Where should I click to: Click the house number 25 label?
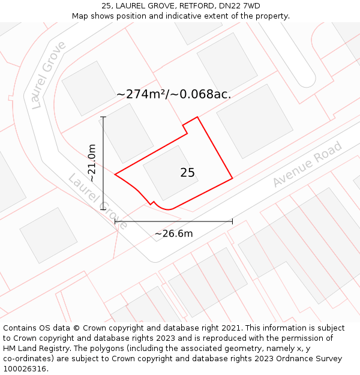point(187,173)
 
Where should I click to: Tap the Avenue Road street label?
point(307,164)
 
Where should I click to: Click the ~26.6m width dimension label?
point(173,233)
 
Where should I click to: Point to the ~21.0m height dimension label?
point(91,163)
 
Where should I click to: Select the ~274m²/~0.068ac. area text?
point(173,94)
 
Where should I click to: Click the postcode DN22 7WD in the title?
point(240,6)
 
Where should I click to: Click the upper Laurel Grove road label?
point(49,75)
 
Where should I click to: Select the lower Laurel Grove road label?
point(97,202)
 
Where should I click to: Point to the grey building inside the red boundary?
point(170,173)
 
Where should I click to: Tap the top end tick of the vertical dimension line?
point(103,117)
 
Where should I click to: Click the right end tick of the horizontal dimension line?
point(232,221)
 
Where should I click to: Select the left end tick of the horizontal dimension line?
point(115,221)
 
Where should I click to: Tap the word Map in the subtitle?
point(80,16)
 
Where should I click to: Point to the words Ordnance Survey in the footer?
point(313,359)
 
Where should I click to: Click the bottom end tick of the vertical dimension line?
point(103,209)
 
